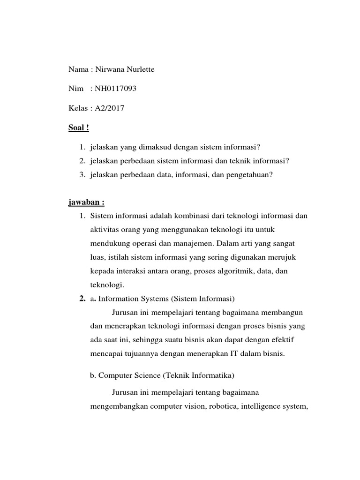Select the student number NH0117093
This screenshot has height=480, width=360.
[x=115, y=89]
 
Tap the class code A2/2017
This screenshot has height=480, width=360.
[x=110, y=108]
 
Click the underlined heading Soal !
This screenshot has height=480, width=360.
[x=79, y=127]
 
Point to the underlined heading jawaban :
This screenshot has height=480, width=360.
[x=86, y=202]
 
